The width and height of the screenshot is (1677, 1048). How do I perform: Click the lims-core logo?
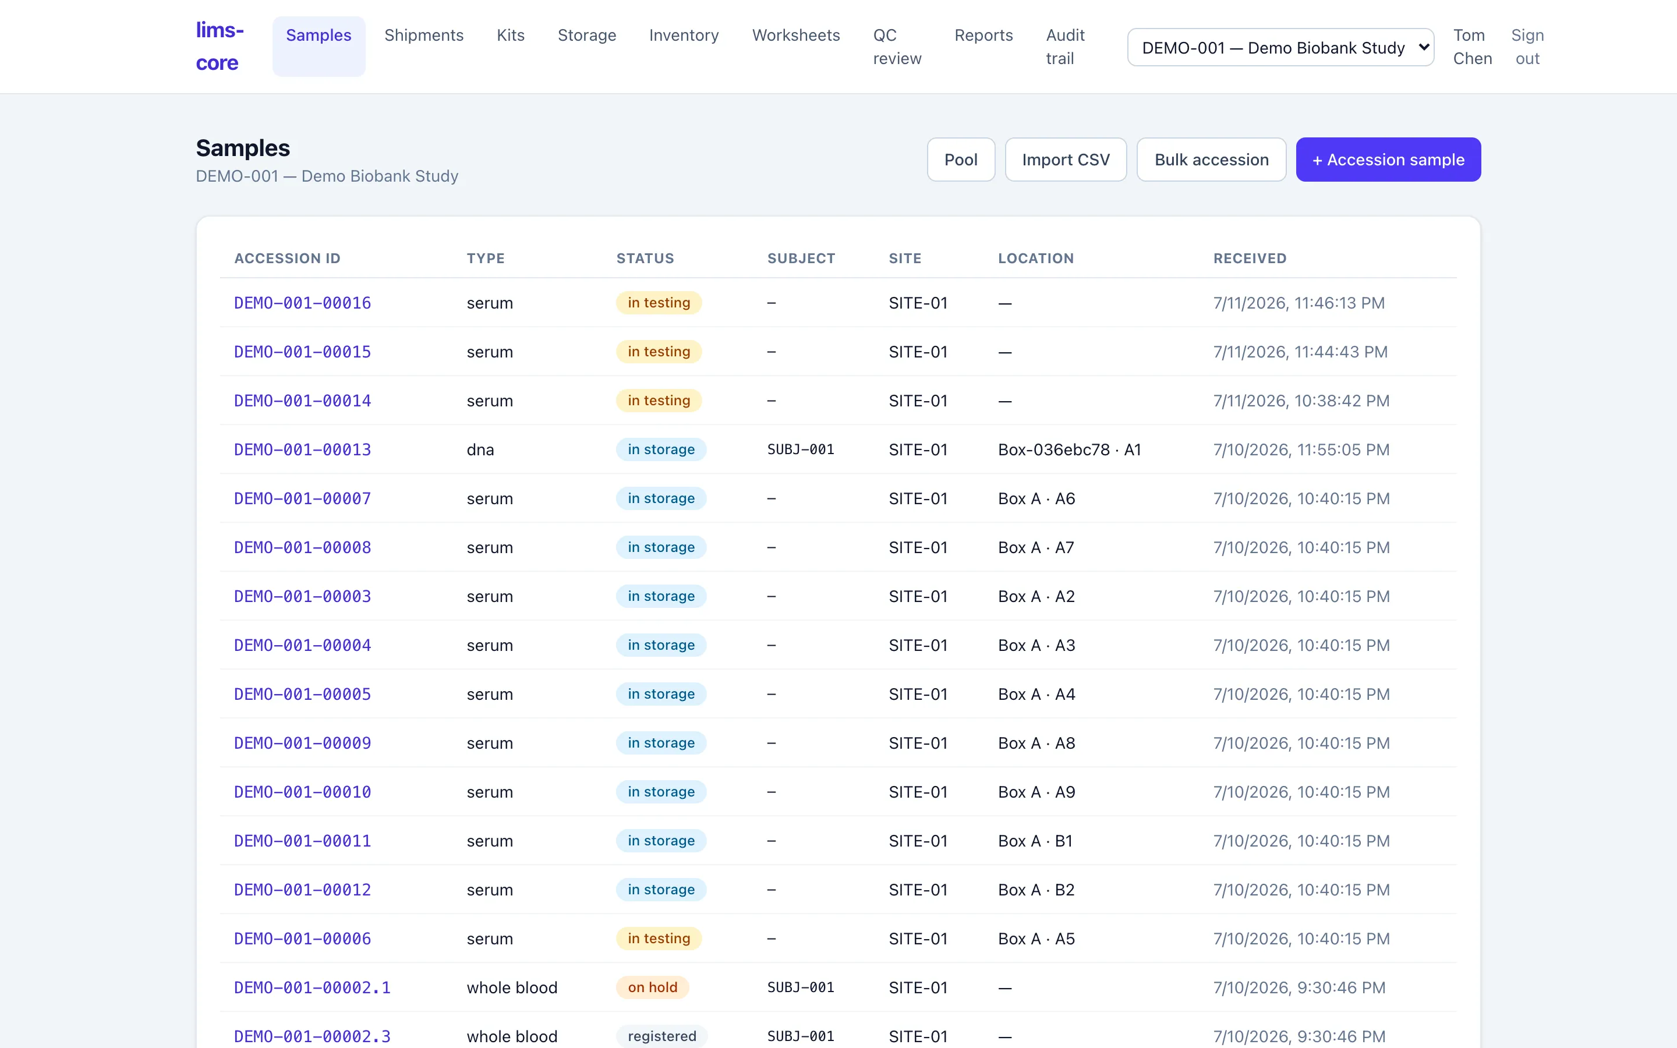[x=220, y=47]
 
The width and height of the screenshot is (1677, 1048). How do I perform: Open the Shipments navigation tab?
[x=424, y=36]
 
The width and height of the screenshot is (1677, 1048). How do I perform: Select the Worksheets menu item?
[x=795, y=36]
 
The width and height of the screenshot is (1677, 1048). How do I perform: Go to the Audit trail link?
[x=1065, y=47]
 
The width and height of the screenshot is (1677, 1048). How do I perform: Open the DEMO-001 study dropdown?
[x=1280, y=47]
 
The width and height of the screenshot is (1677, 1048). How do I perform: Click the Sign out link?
[x=1527, y=47]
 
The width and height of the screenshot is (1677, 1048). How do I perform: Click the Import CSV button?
[x=1066, y=160]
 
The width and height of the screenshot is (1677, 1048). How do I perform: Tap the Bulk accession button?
[x=1211, y=160]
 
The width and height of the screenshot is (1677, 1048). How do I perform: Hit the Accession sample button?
[x=1388, y=160]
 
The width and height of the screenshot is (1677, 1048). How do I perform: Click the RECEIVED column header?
[x=1250, y=259]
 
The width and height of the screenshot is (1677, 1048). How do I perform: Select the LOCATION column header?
[x=1036, y=259]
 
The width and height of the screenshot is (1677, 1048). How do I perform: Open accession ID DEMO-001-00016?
[x=302, y=303]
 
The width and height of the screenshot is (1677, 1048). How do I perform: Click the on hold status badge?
[x=652, y=987]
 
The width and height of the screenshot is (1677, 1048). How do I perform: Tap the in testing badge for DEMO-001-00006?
[x=659, y=939]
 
